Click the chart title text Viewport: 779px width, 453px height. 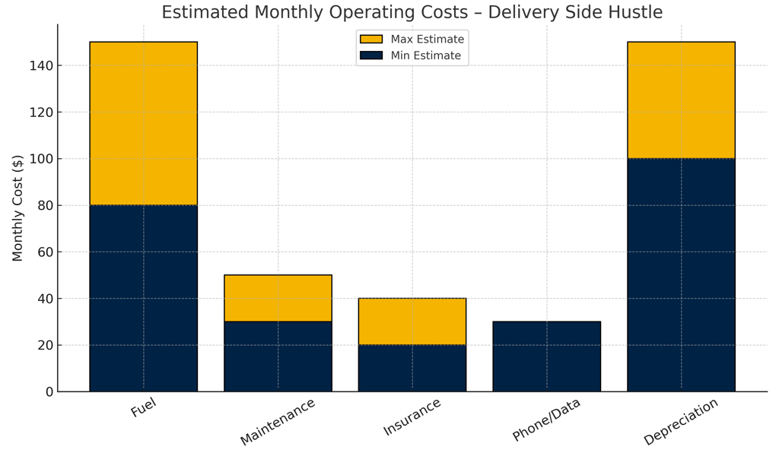412,13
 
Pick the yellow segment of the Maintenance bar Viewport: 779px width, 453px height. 278,298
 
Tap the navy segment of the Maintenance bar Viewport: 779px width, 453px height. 278,356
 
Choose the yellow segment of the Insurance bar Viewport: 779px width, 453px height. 412,322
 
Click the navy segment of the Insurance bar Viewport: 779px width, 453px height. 412,368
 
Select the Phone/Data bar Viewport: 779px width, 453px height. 546,356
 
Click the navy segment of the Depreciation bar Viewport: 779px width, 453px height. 681,274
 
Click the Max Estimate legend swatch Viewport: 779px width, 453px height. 371,40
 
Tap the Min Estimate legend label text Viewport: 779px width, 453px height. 426,55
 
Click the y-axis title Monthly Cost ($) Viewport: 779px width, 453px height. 18,207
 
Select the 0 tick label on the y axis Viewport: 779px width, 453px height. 49,392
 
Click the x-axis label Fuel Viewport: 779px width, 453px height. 143,409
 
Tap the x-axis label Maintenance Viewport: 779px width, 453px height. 278,422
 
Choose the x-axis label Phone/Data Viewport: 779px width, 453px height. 546,420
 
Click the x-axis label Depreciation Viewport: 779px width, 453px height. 681,422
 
